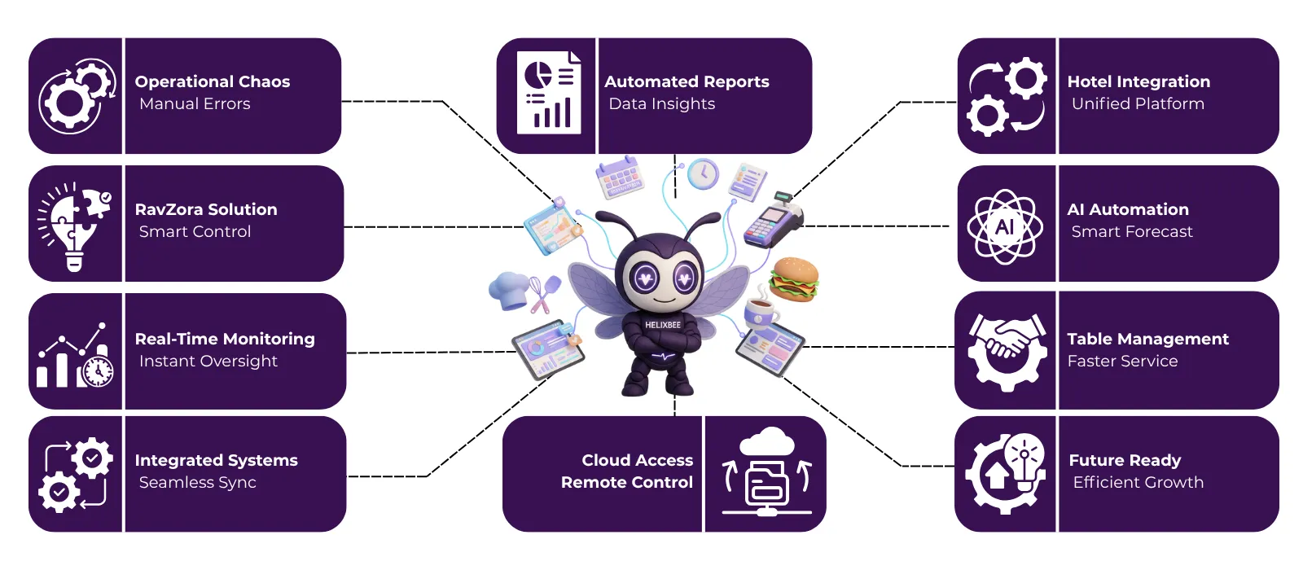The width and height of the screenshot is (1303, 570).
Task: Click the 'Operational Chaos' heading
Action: click(212, 81)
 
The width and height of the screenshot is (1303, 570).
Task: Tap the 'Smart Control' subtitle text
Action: click(195, 231)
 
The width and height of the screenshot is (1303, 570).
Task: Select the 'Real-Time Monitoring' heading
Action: click(225, 339)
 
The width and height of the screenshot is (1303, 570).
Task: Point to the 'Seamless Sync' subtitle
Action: click(197, 482)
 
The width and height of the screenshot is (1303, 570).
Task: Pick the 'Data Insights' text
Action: click(661, 103)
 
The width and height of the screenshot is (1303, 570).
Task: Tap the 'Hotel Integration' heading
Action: click(1138, 81)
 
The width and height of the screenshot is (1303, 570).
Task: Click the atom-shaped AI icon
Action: click(1005, 226)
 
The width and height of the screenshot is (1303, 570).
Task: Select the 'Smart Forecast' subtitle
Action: click(1132, 231)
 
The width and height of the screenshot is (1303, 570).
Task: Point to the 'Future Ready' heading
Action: click(1125, 460)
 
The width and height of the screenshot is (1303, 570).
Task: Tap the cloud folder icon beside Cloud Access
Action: click(766, 473)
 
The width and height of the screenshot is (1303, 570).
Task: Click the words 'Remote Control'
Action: click(626, 482)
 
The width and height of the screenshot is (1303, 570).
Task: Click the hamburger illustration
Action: click(793, 278)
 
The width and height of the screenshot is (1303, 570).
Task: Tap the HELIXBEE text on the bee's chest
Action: click(663, 325)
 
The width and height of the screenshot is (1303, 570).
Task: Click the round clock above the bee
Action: click(703, 174)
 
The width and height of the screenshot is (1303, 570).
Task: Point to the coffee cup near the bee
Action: click(761, 310)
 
